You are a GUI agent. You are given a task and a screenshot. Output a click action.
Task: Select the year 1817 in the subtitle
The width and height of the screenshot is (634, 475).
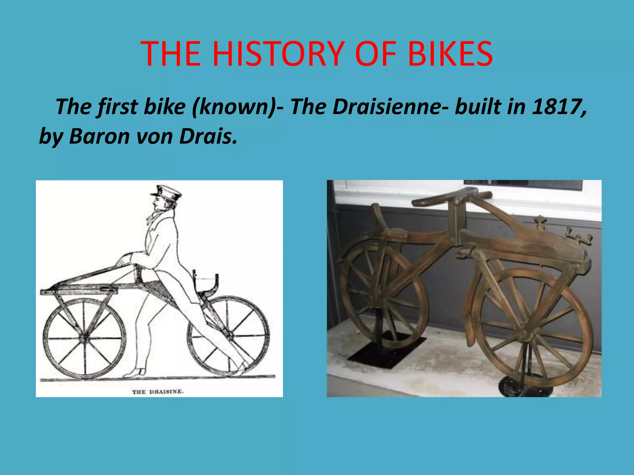558,107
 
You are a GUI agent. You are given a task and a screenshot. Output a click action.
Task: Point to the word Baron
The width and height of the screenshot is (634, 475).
99,136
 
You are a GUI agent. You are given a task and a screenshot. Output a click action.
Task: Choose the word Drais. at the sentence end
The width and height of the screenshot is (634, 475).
208,136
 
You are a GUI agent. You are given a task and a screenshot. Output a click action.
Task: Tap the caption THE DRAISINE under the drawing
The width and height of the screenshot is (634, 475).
158,392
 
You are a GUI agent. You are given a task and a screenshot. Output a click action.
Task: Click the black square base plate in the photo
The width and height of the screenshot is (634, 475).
387,349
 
